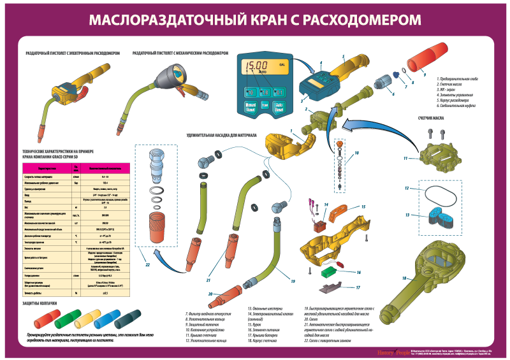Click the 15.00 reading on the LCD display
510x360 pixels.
point(258,66)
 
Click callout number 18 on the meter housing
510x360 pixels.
point(404,278)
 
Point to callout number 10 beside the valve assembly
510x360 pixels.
point(357,153)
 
